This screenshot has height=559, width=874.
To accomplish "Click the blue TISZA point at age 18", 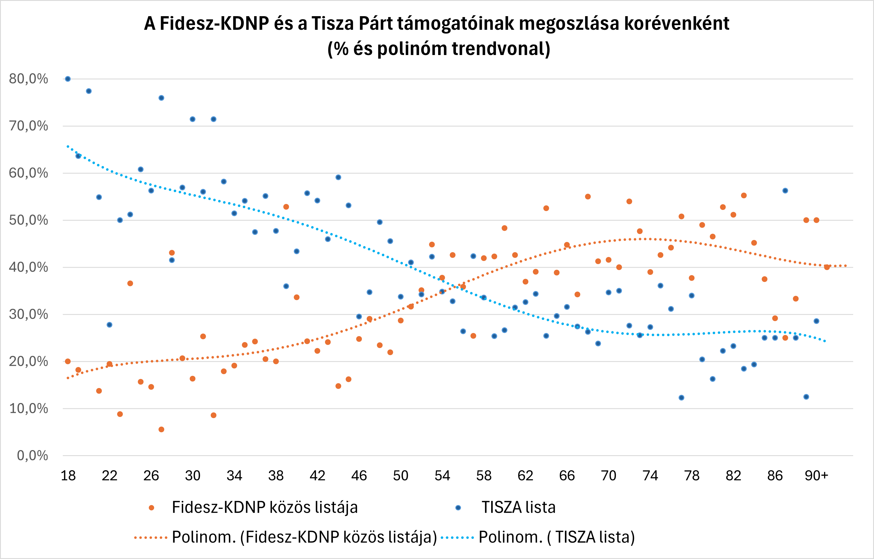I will [68, 79].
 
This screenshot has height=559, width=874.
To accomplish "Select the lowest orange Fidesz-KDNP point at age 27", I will [162, 429].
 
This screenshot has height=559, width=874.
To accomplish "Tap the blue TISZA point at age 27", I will [162, 98].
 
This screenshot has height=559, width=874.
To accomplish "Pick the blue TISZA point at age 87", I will [785, 191].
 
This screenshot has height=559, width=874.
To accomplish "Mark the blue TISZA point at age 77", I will [681, 397].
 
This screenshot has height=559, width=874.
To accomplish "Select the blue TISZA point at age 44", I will [338, 177].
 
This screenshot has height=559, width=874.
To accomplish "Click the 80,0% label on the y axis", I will [28, 79].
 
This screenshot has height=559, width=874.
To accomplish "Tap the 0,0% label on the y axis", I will [32, 455].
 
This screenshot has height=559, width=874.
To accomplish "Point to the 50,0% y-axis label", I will [28, 220].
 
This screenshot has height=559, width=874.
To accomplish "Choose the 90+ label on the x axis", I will [816, 476].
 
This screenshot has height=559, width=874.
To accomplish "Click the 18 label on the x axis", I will [68, 476].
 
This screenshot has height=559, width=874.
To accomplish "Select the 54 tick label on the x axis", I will [442, 476].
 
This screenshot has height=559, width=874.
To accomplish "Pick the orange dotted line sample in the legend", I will [151, 537].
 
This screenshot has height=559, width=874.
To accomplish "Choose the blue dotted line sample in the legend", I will [457, 537].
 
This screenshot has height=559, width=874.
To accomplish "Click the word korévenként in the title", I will [677, 24].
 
